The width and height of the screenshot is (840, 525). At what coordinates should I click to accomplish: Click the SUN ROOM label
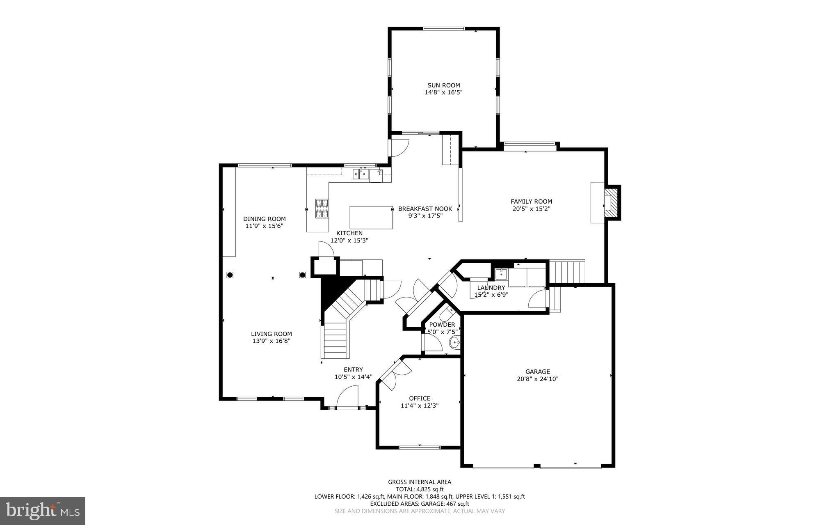point(443,85)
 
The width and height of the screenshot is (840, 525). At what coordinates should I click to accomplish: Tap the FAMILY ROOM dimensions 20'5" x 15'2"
point(531,209)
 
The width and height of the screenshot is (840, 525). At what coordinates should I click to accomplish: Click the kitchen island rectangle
point(371,218)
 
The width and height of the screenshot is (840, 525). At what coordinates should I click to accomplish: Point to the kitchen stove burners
point(322,208)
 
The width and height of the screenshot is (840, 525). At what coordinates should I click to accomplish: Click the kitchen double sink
point(361,174)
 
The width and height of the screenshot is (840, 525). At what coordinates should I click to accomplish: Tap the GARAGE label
point(537,371)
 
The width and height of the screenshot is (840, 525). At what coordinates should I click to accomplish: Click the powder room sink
point(454,342)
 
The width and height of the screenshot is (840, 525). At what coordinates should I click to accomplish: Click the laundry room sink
point(501,274)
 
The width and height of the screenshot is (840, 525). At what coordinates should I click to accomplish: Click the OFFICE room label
point(420,398)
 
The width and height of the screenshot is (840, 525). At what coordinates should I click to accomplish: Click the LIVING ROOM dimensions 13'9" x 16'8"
point(271,341)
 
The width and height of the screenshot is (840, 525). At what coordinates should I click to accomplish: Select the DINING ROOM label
point(264,219)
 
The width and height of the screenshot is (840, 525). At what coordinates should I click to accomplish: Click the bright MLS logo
point(43,511)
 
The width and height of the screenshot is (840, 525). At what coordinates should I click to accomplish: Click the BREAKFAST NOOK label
point(425,209)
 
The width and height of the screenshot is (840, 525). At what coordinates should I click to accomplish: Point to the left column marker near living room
point(230,275)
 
